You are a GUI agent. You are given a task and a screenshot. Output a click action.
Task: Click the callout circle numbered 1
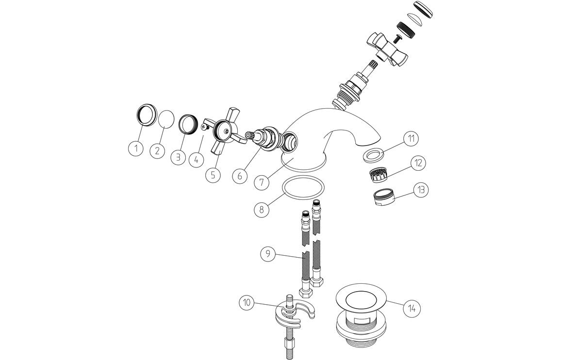136,148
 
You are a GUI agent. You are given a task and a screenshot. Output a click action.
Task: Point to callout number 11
411,139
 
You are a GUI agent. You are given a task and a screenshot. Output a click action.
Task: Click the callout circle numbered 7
262,182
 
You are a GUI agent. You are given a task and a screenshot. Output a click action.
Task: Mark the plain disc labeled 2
165,119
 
